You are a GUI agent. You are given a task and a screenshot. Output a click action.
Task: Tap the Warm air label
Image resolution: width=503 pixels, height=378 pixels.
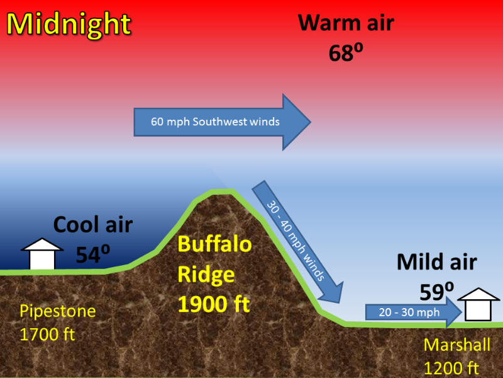pyautogui.click(x=346, y=23)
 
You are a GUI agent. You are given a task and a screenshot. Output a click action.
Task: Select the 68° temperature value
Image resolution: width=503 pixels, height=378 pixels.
pyautogui.click(x=346, y=52)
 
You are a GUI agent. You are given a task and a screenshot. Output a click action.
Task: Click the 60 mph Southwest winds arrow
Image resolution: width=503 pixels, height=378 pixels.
pyautogui.click(x=223, y=122)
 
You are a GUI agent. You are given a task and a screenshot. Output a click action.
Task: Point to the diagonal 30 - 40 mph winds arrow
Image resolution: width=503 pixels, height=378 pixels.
pyautogui.click(x=297, y=242)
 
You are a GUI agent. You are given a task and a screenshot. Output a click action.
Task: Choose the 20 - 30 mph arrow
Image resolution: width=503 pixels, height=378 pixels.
pyautogui.click(x=414, y=312)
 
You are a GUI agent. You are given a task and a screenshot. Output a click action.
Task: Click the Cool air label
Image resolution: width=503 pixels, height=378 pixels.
pyautogui.click(x=92, y=224)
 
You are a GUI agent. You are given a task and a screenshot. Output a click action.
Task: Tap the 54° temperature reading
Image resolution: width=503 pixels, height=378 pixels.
pyautogui.click(x=92, y=254)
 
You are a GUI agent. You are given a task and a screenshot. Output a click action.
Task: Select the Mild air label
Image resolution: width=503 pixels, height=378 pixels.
pyautogui.click(x=436, y=262)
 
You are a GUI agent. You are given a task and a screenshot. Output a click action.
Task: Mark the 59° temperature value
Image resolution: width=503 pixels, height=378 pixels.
pyautogui.click(x=436, y=292)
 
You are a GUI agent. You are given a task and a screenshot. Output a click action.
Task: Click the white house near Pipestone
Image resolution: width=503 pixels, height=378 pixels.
pyautogui.click(x=42, y=254)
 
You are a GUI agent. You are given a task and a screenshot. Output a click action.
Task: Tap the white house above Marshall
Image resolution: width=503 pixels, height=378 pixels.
pyautogui.click(x=478, y=304)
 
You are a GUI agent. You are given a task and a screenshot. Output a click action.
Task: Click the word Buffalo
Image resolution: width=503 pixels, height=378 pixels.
pyautogui.click(x=214, y=244)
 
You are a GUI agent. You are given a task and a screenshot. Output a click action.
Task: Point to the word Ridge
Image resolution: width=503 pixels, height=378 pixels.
pyautogui.click(x=206, y=275)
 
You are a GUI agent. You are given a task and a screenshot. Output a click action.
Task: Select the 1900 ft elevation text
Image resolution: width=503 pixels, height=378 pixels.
pyautogui.click(x=214, y=304)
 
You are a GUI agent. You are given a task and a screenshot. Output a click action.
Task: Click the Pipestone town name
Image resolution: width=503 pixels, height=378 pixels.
pyautogui.click(x=58, y=311)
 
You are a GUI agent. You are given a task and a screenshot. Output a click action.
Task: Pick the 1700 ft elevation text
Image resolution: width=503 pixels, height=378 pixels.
pyautogui.click(x=47, y=335)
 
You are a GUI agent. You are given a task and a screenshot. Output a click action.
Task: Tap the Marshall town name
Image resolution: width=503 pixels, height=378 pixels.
pyautogui.click(x=457, y=345)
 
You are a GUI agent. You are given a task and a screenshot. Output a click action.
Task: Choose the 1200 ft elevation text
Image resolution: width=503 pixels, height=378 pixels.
pyautogui.click(x=451, y=368)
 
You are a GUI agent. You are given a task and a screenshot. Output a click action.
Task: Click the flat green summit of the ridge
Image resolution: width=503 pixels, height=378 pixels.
pyautogui.click(x=221, y=192)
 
